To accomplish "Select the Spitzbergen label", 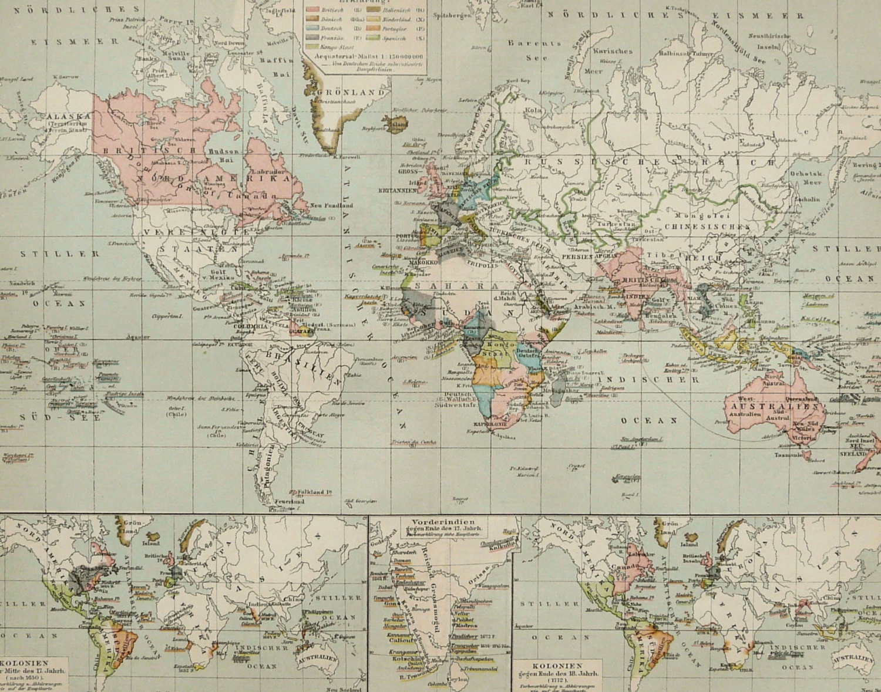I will pyautogui.click(x=452, y=16).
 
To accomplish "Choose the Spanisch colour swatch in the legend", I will pyautogui.click(x=372, y=38).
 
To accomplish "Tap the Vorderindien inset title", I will pyautogui.click(x=444, y=521).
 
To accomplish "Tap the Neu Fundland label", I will pyautogui.click(x=331, y=205).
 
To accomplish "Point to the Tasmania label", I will pyautogui.click(x=789, y=454).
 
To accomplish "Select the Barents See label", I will pyautogui.click(x=534, y=50).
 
